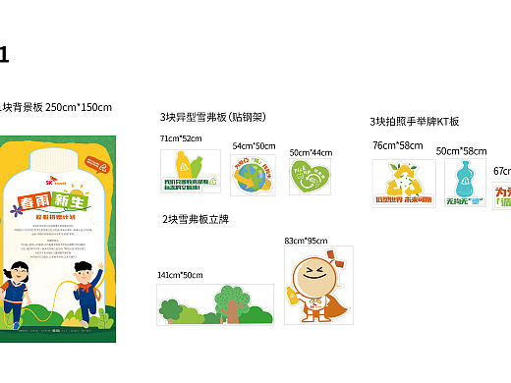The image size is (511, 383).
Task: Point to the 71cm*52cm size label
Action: (181, 139)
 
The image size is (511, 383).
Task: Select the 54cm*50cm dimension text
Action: (254, 145)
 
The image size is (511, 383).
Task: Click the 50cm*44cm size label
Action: (310, 153)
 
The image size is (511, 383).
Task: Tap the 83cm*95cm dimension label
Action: (306, 241)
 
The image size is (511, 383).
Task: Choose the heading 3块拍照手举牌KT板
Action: (414, 122)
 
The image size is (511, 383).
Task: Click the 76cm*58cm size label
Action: (397, 145)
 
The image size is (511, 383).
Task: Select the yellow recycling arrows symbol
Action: (404, 178)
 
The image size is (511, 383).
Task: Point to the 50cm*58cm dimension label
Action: (461, 151)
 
